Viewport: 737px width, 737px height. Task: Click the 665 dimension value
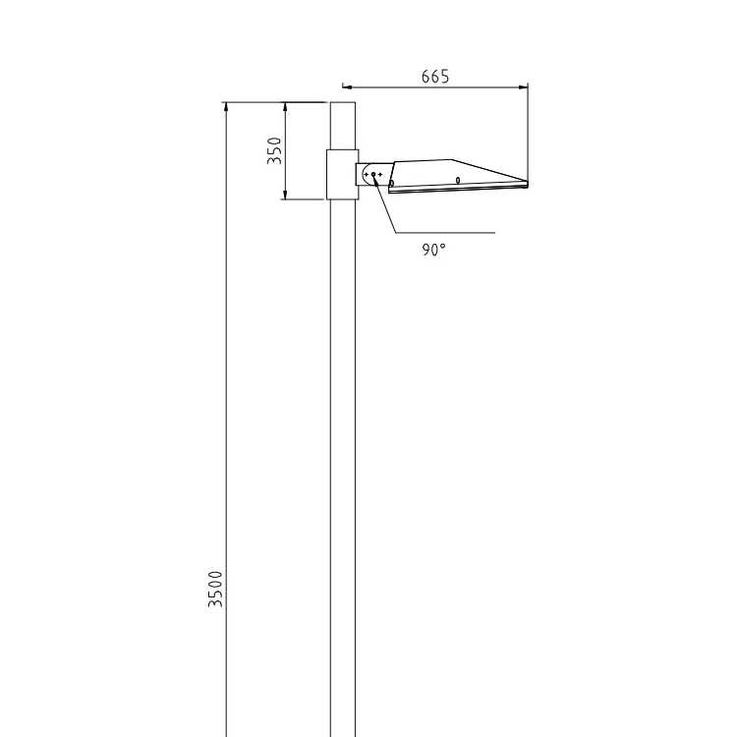click(x=435, y=77)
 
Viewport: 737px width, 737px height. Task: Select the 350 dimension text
click(x=274, y=150)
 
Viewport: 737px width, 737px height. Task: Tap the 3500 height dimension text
click(x=215, y=589)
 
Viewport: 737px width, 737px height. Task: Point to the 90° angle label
click(x=433, y=250)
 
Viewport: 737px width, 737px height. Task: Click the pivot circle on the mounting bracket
click(x=373, y=174)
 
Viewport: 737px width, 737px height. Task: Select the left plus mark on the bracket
click(x=367, y=174)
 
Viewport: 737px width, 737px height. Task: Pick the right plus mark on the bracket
click(x=380, y=174)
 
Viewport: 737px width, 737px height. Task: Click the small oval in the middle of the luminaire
click(x=458, y=180)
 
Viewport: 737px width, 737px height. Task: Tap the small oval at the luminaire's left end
click(x=392, y=184)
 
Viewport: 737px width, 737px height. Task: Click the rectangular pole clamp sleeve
click(x=343, y=174)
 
